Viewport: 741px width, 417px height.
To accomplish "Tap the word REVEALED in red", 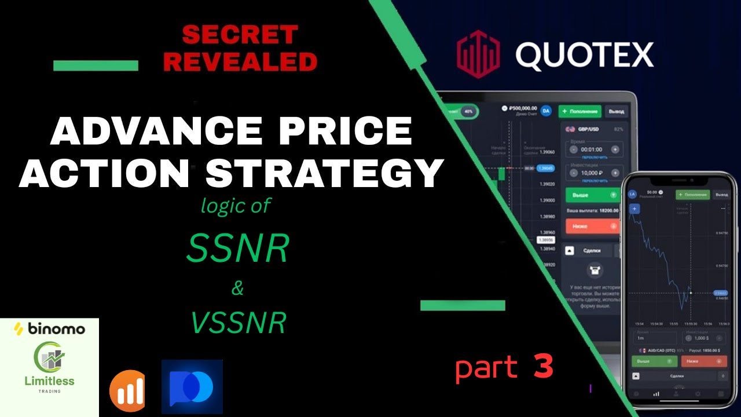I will coord(240,61).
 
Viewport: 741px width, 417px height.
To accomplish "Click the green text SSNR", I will coord(238,250).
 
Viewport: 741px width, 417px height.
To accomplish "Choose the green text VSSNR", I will coord(239,323).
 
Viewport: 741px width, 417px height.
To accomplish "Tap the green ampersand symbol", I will coord(237,288).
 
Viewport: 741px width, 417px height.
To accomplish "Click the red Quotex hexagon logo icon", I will coord(478,56).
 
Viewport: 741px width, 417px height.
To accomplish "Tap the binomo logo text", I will coord(49,330).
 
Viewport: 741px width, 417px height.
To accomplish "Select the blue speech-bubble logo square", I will coord(192,386).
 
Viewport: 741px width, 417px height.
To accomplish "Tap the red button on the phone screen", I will coord(703,361).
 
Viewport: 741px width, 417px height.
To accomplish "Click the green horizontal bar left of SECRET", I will coord(96,65).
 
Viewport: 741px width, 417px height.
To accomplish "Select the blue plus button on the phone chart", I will coord(634,209).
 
